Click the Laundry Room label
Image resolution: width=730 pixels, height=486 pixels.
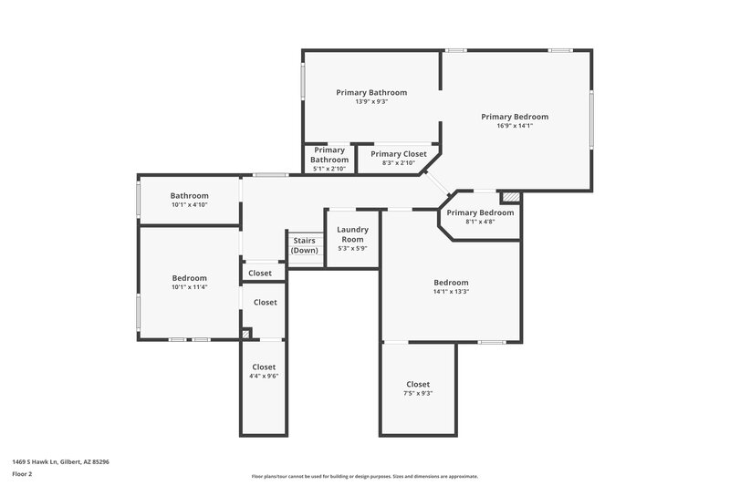(x=351, y=234)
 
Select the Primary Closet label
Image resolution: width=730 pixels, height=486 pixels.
(x=398, y=154)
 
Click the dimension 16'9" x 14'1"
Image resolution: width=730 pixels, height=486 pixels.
(x=515, y=126)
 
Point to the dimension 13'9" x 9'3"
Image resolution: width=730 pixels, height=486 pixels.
(x=371, y=101)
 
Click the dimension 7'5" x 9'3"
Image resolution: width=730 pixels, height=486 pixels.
(x=418, y=393)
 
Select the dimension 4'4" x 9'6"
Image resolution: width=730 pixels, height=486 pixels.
(x=264, y=376)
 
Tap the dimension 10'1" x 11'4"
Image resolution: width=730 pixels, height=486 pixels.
(x=190, y=287)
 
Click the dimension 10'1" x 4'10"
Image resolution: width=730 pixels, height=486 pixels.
(x=190, y=204)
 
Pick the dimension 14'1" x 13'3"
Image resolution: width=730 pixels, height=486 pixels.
(x=451, y=292)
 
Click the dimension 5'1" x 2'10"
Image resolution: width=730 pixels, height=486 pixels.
(x=329, y=169)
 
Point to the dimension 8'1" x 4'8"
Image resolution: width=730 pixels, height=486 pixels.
(x=480, y=222)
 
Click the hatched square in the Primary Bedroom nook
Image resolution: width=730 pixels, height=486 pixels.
(x=512, y=196)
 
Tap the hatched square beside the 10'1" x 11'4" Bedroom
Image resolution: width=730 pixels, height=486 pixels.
(x=246, y=335)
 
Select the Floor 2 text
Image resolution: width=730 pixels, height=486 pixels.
(x=23, y=474)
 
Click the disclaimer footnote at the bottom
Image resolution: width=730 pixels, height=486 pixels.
(x=365, y=476)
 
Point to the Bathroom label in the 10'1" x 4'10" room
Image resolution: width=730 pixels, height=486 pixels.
(x=190, y=195)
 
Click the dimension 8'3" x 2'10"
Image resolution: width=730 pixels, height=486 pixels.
(x=398, y=163)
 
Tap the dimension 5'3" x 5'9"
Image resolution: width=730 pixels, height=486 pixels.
(x=351, y=249)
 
